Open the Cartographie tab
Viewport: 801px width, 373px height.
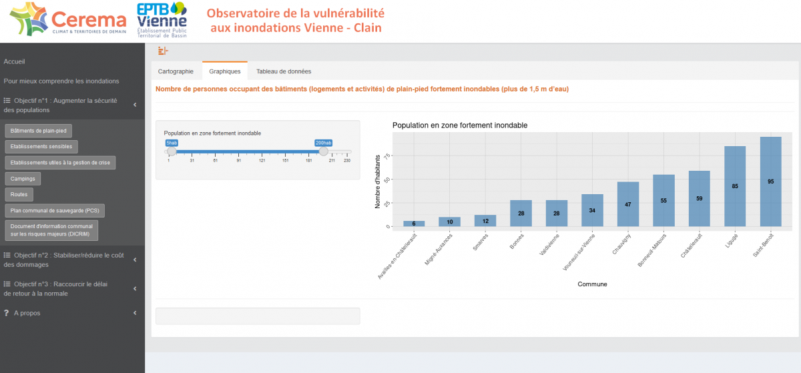point(176,71)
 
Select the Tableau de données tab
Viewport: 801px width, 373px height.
point(284,71)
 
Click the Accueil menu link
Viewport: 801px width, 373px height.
point(15,61)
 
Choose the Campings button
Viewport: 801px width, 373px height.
point(23,178)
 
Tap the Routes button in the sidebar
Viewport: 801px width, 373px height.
point(19,194)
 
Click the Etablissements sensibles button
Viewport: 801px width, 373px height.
point(41,146)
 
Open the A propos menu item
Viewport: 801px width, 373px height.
point(27,313)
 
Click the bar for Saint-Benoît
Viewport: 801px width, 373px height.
point(770,181)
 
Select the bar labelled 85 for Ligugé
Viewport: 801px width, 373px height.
point(735,186)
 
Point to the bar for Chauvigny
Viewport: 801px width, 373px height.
point(628,204)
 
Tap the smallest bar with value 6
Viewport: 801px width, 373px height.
point(414,224)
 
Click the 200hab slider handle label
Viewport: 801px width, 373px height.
point(323,143)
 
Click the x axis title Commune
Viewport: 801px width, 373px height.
point(592,284)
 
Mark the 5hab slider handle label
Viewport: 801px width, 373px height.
point(172,143)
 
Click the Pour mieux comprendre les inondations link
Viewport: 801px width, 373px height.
point(61,81)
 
